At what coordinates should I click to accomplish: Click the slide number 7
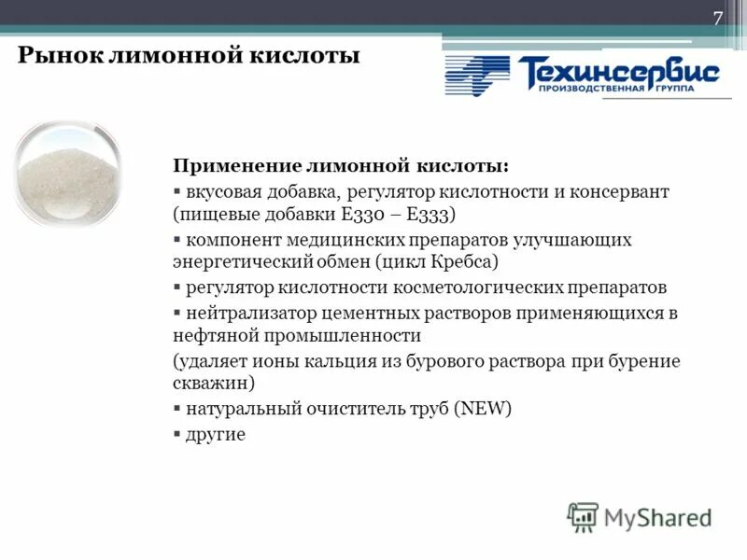pyautogui.click(x=718, y=20)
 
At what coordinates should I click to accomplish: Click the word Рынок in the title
pyautogui.click(x=54, y=56)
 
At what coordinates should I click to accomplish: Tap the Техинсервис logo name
pyautogui.click(x=619, y=71)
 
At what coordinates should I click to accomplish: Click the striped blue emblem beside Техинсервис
pyautogui.click(x=477, y=76)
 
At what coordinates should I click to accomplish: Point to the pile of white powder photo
pyautogui.click(x=63, y=173)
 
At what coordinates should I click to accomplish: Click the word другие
pyautogui.click(x=216, y=434)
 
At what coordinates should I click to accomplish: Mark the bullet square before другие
pyautogui.click(x=177, y=434)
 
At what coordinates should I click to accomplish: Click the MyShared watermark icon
pyautogui.click(x=583, y=515)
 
